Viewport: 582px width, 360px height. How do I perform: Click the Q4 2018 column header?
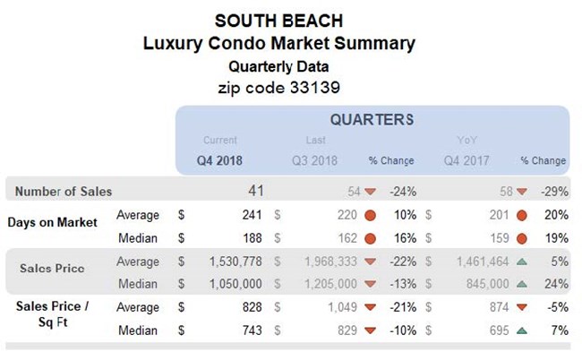click(x=219, y=160)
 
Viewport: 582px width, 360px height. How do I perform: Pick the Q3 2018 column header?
click(x=315, y=160)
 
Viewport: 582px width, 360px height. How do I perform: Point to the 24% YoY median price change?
click(x=555, y=284)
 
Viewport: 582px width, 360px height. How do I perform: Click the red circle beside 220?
click(x=369, y=215)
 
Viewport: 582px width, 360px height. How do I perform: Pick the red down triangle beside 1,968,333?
click(x=369, y=261)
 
